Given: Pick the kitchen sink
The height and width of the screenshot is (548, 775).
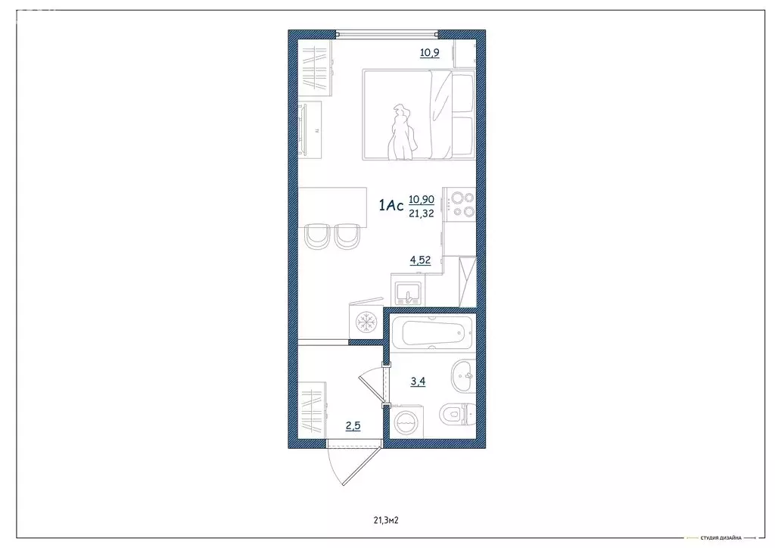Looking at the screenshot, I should tap(409, 291).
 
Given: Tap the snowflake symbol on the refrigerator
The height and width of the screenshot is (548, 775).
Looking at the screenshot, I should tap(366, 322).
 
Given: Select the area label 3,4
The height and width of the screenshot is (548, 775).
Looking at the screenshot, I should tap(418, 381).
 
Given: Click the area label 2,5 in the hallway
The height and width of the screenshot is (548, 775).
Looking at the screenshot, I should tap(353, 426).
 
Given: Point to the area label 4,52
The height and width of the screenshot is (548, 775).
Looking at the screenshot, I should tap(420, 260).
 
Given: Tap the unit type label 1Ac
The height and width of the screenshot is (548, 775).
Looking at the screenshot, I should tap(391, 205).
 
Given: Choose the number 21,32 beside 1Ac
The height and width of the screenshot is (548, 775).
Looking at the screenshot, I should tap(422, 213).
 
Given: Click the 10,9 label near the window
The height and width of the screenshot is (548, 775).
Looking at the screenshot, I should tap(430, 53).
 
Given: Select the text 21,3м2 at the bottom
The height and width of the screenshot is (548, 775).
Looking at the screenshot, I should tap(386, 520).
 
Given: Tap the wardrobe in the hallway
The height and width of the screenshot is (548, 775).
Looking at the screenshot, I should tap(313, 409).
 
